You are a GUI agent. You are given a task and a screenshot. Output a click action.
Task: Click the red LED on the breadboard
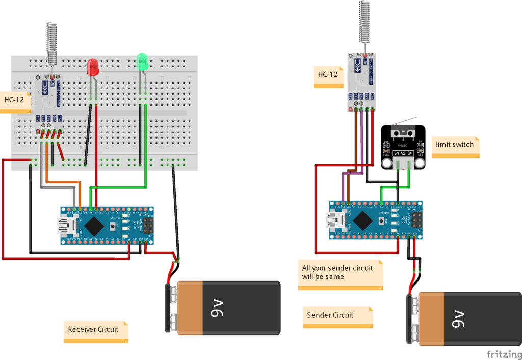93,67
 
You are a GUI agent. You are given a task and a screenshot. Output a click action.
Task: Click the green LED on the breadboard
142,62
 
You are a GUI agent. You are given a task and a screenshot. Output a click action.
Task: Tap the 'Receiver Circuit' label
93,329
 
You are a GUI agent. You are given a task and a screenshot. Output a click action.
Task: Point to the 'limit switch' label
455,144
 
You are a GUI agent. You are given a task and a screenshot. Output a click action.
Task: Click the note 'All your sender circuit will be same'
338,272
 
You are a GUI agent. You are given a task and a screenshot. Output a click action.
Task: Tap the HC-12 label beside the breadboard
14,100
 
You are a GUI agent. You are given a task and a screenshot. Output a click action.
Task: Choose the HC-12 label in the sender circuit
328,74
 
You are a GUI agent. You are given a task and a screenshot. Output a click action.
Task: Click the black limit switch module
403,147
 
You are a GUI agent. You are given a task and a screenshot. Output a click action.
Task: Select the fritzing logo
503,354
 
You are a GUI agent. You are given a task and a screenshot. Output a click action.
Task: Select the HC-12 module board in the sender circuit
362,82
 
